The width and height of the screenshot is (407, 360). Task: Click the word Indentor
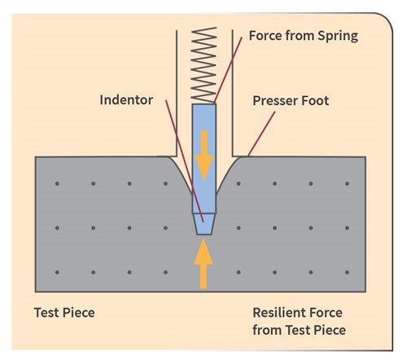point(126,100)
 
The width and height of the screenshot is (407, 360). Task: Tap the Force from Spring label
point(304,36)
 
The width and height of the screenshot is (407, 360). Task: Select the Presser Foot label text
point(291,101)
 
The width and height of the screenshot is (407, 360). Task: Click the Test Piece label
point(64,313)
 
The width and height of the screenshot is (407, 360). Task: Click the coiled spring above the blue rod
point(203,65)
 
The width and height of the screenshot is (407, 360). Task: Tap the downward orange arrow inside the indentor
point(204,156)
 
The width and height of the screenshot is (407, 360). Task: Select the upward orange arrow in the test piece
point(203,263)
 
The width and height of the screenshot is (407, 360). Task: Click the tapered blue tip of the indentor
point(204,224)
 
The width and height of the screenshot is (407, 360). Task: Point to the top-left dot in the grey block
point(57,183)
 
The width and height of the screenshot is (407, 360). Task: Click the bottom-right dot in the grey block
point(347,272)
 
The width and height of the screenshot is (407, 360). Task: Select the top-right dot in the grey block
point(347,183)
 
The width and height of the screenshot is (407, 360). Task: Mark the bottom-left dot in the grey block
point(57,272)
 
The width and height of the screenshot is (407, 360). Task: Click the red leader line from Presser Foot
point(261,134)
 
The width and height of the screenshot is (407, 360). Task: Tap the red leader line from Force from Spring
point(228,71)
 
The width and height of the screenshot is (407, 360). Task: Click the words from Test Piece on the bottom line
point(299,330)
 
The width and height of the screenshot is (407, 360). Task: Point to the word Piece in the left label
point(79,313)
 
